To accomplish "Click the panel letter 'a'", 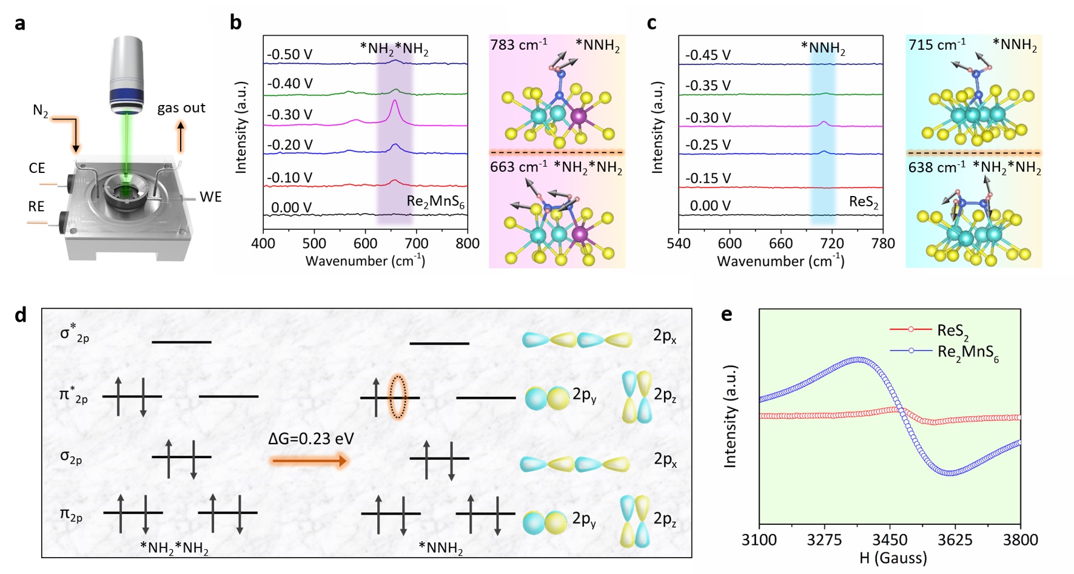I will (20, 24).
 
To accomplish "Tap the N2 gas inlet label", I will (41, 111).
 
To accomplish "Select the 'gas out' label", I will (181, 108).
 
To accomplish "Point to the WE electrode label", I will (210, 197).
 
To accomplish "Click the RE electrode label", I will (36, 207).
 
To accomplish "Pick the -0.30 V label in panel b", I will (290, 115).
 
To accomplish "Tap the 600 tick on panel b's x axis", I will (365, 244).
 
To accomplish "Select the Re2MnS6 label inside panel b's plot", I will (435, 202).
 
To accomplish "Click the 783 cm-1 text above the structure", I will (519, 45).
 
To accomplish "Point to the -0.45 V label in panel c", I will (708, 55).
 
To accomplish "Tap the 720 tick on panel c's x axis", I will (831, 244).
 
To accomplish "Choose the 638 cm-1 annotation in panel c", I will (936, 167).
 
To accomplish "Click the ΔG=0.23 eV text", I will (310, 439).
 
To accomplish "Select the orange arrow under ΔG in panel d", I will (309, 462).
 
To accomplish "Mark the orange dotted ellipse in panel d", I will (398, 397).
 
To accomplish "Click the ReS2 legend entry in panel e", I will (952, 331).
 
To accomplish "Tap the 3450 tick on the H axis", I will (890, 540).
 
